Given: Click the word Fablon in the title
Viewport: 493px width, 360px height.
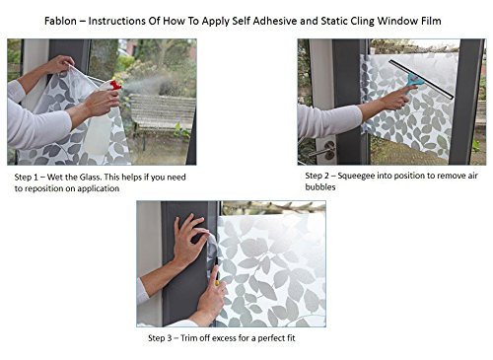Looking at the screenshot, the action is pyautogui.click(x=60, y=21).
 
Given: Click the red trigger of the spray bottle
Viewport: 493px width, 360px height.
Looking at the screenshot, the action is pyautogui.click(x=115, y=86).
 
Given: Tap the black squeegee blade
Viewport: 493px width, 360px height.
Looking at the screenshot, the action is pyautogui.click(x=421, y=79).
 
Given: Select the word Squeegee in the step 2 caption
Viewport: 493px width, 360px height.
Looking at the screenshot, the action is pyautogui.click(x=356, y=176).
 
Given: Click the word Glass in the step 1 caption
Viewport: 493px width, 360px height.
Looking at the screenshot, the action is pyautogui.click(x=90, y=178).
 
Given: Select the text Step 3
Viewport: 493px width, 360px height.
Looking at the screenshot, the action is pyautogui.click(x=160, y=338).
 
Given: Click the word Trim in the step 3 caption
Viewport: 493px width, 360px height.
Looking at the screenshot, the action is pyautogui.click(x=188, y=338).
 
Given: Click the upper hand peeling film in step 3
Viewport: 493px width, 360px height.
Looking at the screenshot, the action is pyautogui.click(x=190, y=240).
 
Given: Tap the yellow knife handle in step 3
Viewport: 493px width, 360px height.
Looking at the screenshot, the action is pyautogui.click(x=217, y=283).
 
